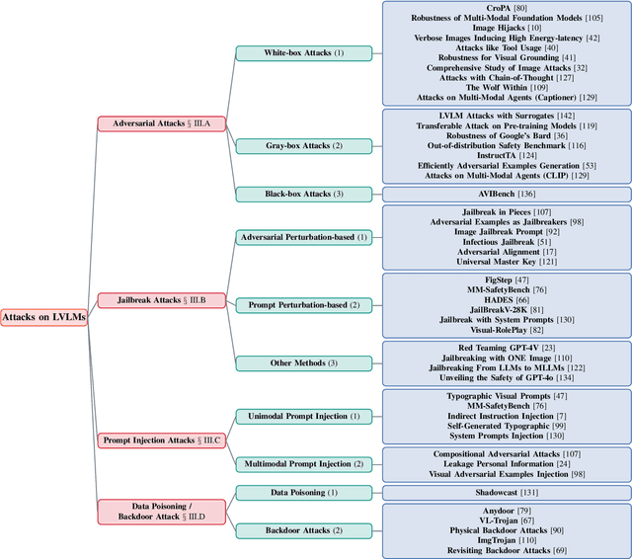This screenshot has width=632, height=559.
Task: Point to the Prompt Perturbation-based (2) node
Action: pos(304,305)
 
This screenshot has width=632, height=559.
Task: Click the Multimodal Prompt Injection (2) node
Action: pos(304,463)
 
